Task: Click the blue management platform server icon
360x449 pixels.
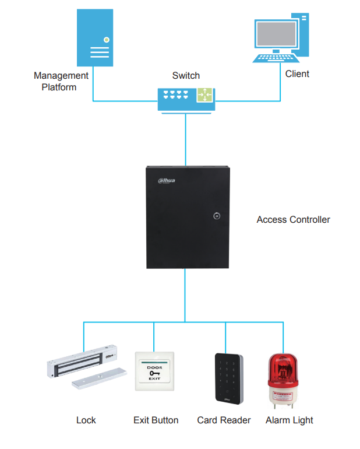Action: (96, 39)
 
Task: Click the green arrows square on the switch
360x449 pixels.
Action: (206, 94)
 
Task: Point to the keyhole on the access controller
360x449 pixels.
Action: (217, 216)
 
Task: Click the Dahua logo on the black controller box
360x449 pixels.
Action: (167, 180)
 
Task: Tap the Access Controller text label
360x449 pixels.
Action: (293, 220)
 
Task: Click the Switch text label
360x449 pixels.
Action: (186, 76)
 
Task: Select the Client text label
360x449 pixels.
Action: (297, 74)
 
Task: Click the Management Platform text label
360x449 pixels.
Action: (61, 82)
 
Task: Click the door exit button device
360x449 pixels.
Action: (154, 371)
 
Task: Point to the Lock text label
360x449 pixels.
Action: (86, 420)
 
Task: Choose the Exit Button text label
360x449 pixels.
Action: (156, 420)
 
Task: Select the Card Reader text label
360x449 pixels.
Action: (224, 420)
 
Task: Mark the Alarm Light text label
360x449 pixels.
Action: (290, 420)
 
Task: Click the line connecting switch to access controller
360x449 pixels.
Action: (185, 140)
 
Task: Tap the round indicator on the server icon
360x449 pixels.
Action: (106, 40)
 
